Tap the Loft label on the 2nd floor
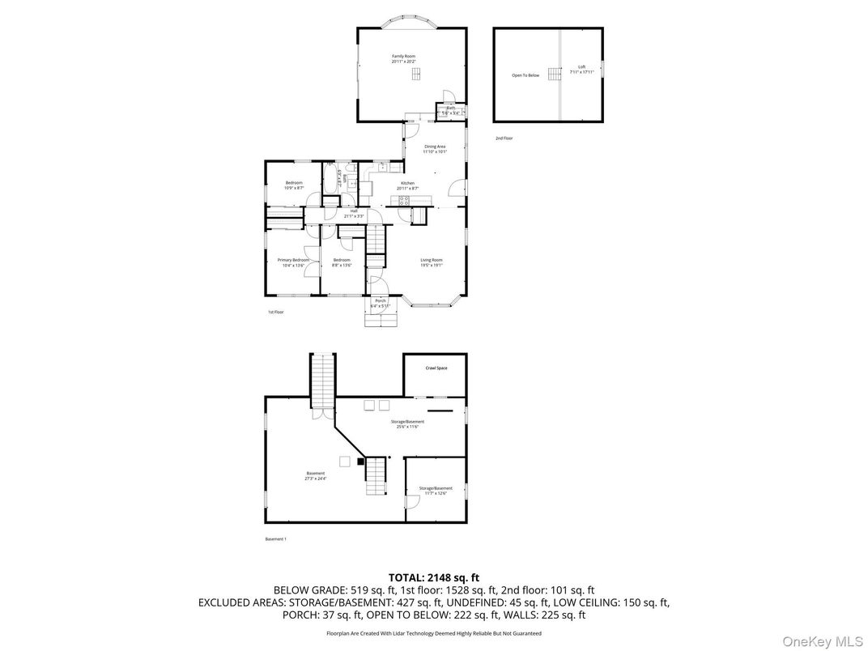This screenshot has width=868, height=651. (581, 69)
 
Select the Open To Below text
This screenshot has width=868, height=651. (525, 75)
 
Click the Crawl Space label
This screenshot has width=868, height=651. (436, 368)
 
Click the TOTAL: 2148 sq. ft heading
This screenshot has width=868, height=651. (433, 577)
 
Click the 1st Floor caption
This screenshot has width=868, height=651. (275, 312)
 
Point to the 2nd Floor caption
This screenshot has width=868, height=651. (504, 138)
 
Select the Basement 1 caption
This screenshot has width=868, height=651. (275, 539)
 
